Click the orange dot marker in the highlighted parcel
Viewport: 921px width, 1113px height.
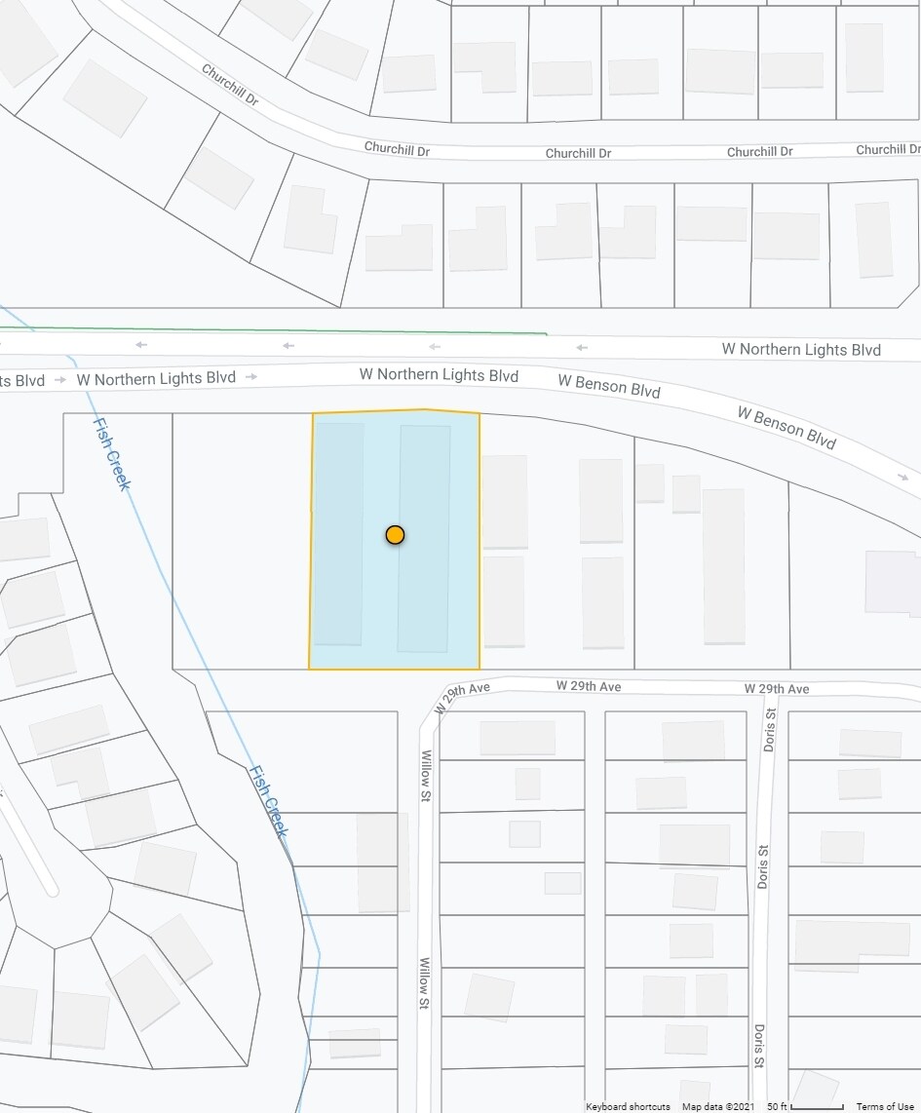(395, 534)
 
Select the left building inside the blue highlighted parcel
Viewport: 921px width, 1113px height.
(338, 533)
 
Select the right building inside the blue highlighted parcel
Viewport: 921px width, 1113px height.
(424, 538)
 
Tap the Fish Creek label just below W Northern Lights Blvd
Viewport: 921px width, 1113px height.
(111, 453)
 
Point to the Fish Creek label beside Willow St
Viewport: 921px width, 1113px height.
(267, 801)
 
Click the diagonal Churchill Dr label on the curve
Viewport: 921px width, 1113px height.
(230, 85)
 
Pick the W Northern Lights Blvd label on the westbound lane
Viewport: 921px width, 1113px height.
(801, 350)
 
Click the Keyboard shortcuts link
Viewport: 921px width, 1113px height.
(628, 1106)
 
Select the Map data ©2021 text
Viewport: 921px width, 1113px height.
(718, 1106)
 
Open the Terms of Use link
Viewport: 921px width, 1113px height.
(885, 1106)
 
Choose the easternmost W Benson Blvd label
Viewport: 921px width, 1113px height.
(787, 428)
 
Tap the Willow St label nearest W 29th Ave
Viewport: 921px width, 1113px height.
(426, 776)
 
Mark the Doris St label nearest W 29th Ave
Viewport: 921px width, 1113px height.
(770, 728)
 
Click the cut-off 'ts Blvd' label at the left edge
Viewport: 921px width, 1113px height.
(22, 380)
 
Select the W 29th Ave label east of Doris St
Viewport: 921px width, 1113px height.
(777, 689)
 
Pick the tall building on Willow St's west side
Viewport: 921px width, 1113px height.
(382, 863)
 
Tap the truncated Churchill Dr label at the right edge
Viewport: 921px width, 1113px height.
(887, 149)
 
